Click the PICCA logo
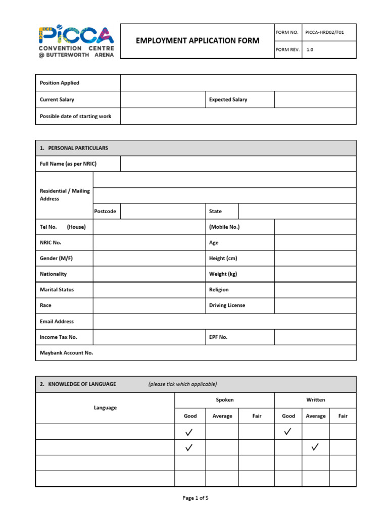tap(76, 41)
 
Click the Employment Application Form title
tap(198, 41)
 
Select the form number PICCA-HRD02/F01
tap(324, 32)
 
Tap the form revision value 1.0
tap(310, 49)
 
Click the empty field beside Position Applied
tap(238, 83)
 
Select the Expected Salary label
tap(228, 100)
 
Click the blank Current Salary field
tap(163, 100)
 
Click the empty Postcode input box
tap(163, 212)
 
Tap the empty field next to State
tap(297, 212)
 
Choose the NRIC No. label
tap(51, 243)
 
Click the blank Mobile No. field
tap(315, 227)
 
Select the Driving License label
tap(227, 305)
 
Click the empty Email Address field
tap(224, 322)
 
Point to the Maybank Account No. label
tap(67, 353)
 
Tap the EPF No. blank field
tap(315, 337)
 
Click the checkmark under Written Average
tap(315, 447)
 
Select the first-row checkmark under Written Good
tap(288, 432)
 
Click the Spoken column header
tap(225, 400)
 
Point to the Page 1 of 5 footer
tap(195, 498)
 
